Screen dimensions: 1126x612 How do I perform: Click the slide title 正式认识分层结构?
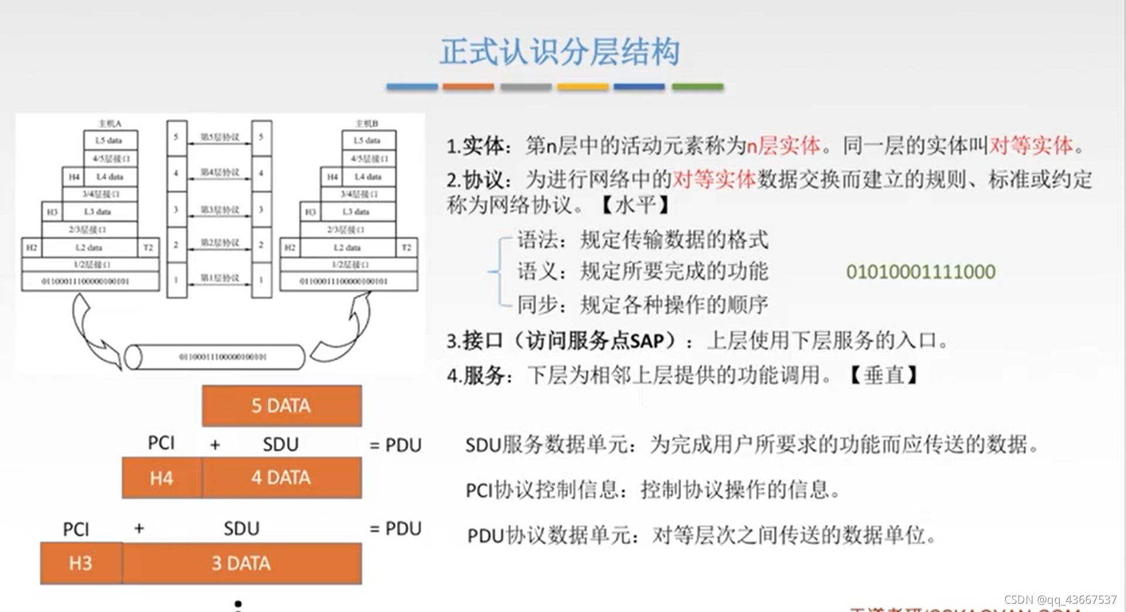click(x=560, y=52)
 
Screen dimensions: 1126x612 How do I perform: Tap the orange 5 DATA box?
click(x=281, y=405)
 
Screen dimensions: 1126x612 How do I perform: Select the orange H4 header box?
click(x=161, y=478)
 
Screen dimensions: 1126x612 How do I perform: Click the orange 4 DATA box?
click(x=281, y=478)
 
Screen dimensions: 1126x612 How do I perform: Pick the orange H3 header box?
click(x=81, y=563)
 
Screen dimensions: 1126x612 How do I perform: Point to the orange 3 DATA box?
click(x=242, y=563)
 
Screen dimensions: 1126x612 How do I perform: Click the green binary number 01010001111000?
click(x=920, y=272)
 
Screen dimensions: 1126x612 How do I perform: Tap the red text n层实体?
click(x=783, y=146)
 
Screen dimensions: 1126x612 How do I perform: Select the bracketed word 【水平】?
click(x=635, y=205)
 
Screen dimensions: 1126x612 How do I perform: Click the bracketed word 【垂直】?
click(x=883, y=374)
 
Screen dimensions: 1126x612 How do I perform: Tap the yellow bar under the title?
click(x=582, y=87)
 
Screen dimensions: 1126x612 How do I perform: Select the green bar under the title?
click(x=697, y=87)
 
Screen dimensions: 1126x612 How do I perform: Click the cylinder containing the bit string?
click(x=216, y=357)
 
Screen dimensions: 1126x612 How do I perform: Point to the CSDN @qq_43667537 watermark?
click(x=1060, y=600)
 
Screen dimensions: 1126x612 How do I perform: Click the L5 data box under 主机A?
click(x=110, y=140)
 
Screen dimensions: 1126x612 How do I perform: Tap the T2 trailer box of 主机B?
click(x=406, y=247)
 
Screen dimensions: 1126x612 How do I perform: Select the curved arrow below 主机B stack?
click(x=343, y=329)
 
